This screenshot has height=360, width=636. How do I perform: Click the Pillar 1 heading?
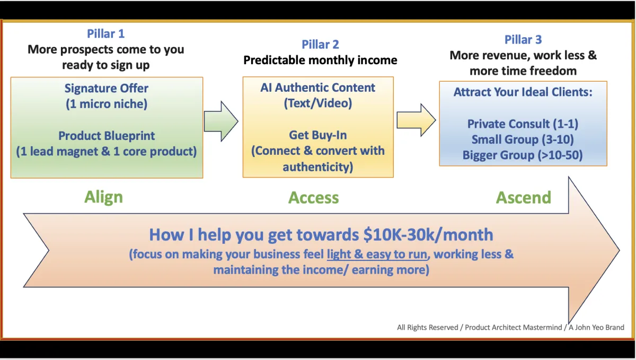105,34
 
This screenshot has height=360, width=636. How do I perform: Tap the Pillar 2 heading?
320,45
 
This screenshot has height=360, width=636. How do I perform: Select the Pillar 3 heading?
523,39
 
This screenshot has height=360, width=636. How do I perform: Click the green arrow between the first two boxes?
221,121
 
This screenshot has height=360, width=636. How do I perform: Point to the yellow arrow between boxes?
416,120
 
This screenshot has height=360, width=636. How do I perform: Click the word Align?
104,197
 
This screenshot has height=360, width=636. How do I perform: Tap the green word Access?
313,198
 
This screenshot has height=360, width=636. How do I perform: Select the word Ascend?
523,198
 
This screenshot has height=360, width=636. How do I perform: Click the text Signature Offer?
107,89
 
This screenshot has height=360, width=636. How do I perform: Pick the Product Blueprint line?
107,136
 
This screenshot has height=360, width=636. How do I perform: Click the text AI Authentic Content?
317,87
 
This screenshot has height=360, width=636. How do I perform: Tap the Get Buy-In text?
317,135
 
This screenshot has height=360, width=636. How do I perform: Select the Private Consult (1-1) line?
523,124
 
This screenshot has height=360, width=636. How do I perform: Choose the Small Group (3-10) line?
523,139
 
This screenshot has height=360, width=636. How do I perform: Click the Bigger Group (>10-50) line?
523,155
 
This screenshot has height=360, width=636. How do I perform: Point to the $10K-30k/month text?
428,235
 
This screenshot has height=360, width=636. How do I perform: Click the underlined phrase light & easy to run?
377,254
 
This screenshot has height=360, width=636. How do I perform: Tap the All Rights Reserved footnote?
510,328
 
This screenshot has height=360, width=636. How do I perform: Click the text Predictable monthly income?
320,60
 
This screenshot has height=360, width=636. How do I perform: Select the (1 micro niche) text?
107,104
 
